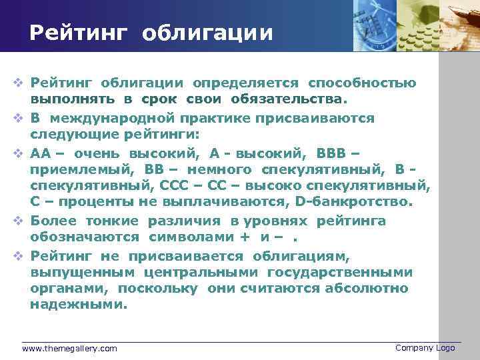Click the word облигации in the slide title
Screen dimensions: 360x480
(207, 33)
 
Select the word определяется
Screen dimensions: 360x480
(245, 83)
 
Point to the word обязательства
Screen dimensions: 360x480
(289, 99)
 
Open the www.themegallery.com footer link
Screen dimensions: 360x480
(69, 349)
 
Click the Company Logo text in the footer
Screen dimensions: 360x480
(425, 348)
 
